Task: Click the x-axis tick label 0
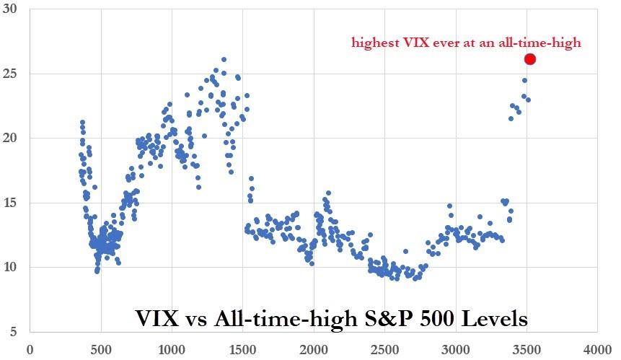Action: click(x=30, y=350)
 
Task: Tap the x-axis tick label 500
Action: click(x=100, y=350)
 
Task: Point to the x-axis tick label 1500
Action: click(x=242, y=350)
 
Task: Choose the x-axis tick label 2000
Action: click(x=313, y=350)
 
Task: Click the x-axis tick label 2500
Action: click(x=384, y=350)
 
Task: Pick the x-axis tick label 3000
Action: click(x=455, y=350)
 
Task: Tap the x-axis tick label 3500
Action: click(x=526, y=350)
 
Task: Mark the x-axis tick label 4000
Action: click(x=596, y=350)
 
